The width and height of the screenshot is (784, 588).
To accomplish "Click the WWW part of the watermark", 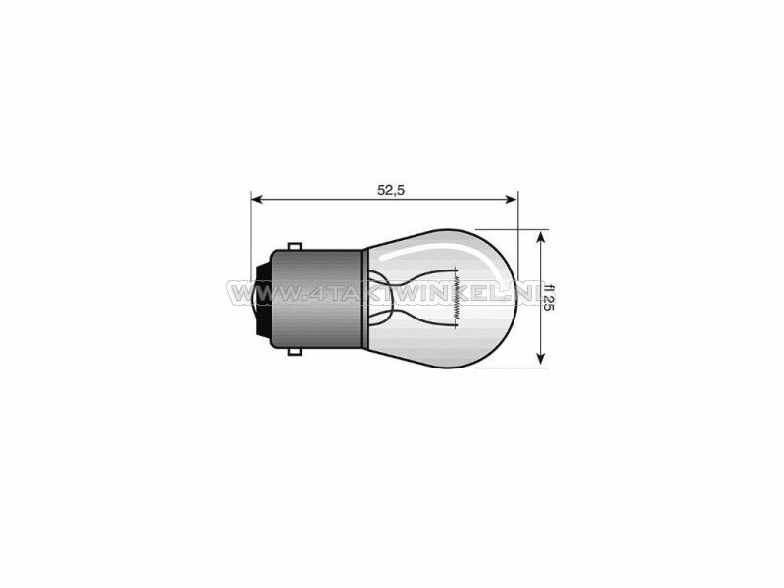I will (x=252, y=294).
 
